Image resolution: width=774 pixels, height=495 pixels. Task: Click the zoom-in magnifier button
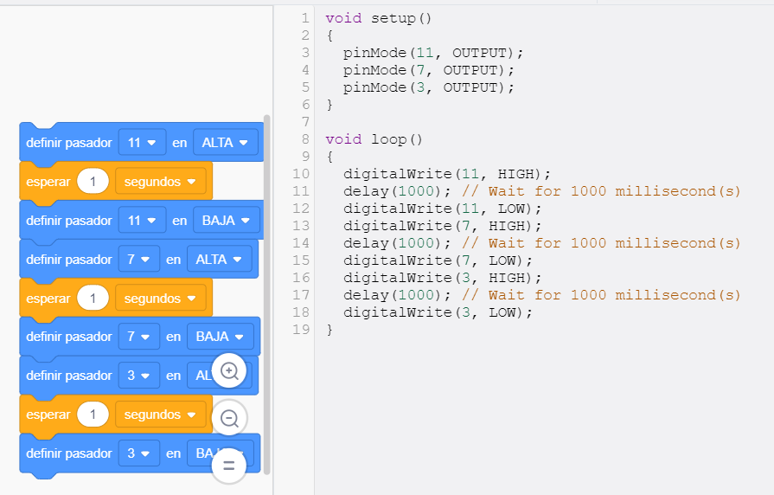click(x=229, y=370)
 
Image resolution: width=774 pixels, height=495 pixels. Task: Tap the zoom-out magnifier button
click(x=229, y=418)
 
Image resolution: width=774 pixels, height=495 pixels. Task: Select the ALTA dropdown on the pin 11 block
click(x=226, y=143)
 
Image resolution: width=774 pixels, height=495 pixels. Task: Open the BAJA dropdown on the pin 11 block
click(x=227, y=221)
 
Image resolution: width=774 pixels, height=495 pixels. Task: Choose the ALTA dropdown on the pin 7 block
click(x=219, y=260)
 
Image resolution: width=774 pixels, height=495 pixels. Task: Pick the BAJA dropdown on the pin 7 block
click(x=221, y=337)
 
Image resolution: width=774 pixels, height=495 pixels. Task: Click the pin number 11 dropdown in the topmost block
click(x=142, y=143)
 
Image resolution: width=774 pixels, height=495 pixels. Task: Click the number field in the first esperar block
click(x=93, y=182)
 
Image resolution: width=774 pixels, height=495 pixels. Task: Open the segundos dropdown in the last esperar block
click(x=161, y=415)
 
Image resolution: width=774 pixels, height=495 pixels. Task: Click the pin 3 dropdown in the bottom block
click(x=139, y=453)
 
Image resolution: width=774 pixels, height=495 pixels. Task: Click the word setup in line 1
click(x=393, y=19)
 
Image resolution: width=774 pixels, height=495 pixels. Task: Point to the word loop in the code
click(x=389, y=139)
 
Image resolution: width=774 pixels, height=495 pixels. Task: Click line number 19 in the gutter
click(x=301, y=330)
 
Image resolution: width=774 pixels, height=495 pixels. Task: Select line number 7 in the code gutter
click(x=305, y=122)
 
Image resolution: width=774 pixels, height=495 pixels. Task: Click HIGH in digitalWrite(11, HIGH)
click(x=515, y=174)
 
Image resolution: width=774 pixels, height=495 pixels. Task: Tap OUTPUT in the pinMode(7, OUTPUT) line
click(x=470, y=70)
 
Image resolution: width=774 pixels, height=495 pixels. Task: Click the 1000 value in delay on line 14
click(x=416, y=243)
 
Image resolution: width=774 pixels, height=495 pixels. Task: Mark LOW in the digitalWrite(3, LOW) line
click(x=502, y=312)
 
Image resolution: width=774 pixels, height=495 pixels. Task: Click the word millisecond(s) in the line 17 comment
click(x=678, y=295)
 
